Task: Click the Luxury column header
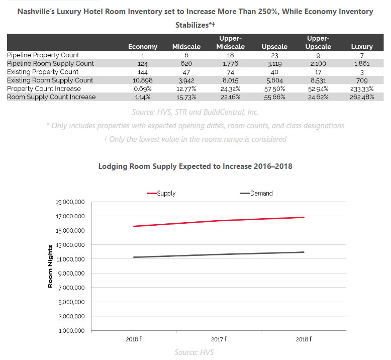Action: (x=361, y=47)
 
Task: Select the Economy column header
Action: (x=143, y=47)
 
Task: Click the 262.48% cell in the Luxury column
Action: (x=362, y=97)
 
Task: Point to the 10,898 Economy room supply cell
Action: (x=143, y=80)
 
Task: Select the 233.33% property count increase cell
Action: (x=362, y=88)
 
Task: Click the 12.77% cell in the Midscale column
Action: (x=186, y=88)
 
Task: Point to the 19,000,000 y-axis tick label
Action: (x=70, y=202)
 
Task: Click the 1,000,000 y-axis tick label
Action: (x=71, y=330)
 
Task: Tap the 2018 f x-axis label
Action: (x=304, y=339)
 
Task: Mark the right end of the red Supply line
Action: (x=304, y=217)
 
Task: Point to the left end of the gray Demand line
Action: (x=133, y=257)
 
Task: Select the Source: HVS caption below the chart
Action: (x=194, y=352)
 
